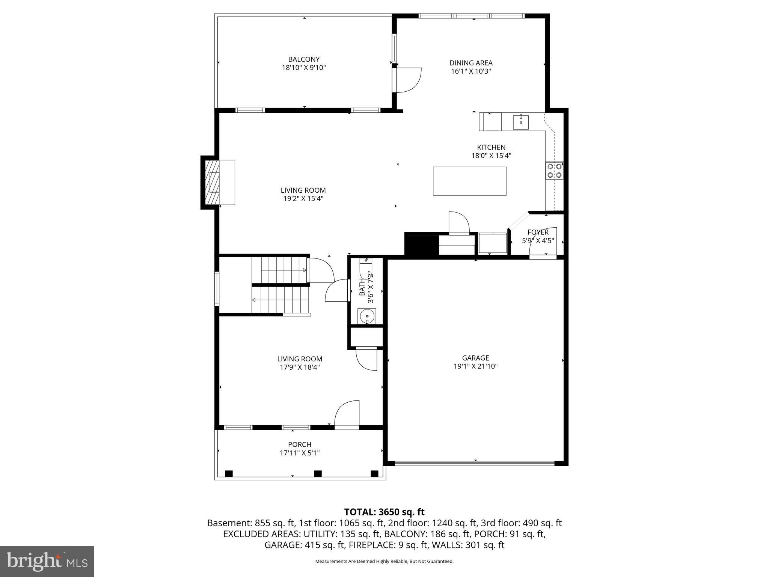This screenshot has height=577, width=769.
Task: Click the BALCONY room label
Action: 304,59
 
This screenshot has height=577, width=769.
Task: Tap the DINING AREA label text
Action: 471,63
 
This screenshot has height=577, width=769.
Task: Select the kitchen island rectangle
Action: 469,181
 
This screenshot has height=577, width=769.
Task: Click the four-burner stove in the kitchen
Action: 555,171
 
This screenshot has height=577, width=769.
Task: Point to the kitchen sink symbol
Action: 521,122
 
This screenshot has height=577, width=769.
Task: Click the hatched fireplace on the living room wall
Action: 211,182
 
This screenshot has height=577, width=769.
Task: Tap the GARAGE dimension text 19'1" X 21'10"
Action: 475,366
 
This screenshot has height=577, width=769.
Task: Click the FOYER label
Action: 538,232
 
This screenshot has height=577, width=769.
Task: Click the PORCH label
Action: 300,444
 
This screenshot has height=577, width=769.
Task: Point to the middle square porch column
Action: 318,473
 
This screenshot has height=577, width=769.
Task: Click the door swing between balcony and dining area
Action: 409,80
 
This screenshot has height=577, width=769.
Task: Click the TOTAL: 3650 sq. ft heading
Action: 384,512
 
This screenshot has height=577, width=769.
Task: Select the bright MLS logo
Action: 47,562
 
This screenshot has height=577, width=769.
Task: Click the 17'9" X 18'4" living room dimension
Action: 300,367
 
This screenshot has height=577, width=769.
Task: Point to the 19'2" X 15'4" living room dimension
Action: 303,199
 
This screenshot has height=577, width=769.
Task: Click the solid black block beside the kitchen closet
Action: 421,244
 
